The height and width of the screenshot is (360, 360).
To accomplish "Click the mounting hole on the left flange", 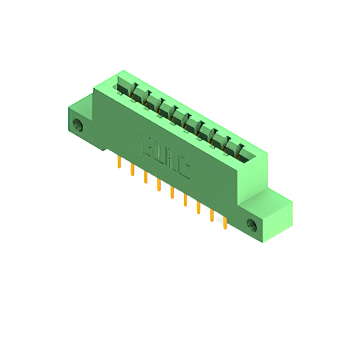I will [x=79, y=125].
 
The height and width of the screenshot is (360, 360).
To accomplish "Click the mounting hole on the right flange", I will [x=251, y=225].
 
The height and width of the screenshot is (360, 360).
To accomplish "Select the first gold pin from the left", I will [x=119, y=163].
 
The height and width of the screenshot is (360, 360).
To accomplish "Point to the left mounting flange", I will [x=82, y=121].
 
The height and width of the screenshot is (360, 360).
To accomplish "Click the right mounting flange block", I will [x=270, y=217].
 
